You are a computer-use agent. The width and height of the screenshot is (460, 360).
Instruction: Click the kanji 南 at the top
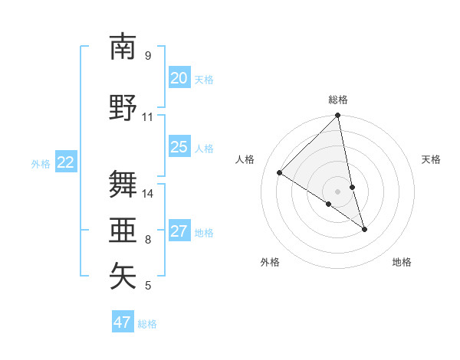coord(123,47)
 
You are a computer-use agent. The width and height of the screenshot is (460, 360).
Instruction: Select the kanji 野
coord(123,108)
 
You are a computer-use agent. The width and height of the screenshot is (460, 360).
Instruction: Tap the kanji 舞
coord(123,184)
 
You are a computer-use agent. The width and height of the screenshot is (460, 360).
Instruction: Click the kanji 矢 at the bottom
coord(123,277)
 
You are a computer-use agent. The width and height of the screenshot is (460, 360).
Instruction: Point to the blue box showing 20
coord(179,78)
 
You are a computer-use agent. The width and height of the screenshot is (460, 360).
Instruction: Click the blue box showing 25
coord(179,147)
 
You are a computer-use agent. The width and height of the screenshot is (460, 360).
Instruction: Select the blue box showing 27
coord(179,231)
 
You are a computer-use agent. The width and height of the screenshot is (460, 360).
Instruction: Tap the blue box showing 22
coord(66,162)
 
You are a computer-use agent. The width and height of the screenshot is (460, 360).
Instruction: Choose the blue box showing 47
coord(123,322)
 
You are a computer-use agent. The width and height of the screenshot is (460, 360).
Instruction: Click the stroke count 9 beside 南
coord(148,55)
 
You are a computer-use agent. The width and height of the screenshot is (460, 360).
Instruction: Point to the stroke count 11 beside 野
coord(148,117)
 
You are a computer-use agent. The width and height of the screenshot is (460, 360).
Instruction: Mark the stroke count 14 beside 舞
coord(148,194)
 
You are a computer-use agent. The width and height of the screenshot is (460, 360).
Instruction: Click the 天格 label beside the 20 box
coord(204,79)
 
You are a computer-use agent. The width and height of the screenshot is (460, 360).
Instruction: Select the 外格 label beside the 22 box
coord(41,163)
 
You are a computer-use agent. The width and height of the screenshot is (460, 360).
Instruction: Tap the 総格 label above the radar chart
coord(338,100)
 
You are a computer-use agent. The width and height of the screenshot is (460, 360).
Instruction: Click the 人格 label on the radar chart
coord(245,159)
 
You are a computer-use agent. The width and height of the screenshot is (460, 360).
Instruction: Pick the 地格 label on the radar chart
coord(402,262)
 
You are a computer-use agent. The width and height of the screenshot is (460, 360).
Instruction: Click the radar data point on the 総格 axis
coord(338,116)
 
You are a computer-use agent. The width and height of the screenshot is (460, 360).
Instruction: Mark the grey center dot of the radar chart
coord(338,190)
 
